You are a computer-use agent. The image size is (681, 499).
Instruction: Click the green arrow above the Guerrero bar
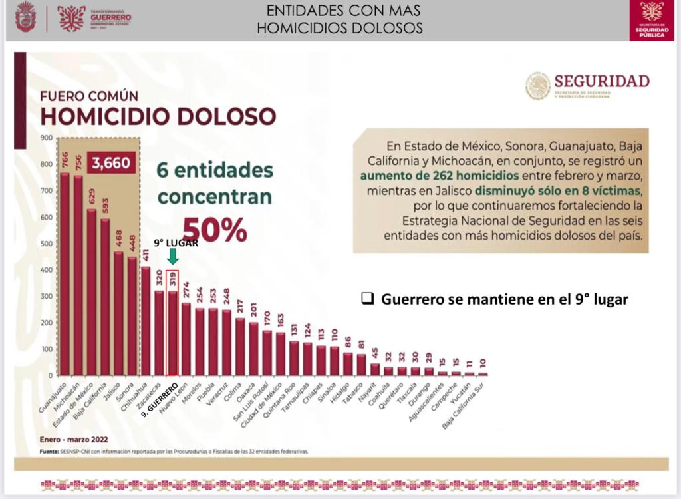coord(172,256)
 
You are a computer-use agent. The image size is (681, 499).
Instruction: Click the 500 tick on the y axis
coord(46,244)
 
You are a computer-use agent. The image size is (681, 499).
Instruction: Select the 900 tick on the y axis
coord(46,138)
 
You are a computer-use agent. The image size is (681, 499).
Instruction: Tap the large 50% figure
coord(214,228)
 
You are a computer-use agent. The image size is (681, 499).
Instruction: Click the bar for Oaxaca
coord(253,349)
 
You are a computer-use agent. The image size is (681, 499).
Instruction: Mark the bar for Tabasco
coord(361,365)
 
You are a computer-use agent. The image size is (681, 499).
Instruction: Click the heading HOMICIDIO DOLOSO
coord(158,116)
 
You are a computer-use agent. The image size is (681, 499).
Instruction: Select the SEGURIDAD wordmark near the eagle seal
coord(601,81)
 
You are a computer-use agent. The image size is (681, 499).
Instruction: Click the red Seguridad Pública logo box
coord(651,20)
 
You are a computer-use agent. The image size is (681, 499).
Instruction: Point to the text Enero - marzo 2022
coord(73,439)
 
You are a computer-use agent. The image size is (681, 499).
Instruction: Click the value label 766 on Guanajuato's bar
coord(65,160)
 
